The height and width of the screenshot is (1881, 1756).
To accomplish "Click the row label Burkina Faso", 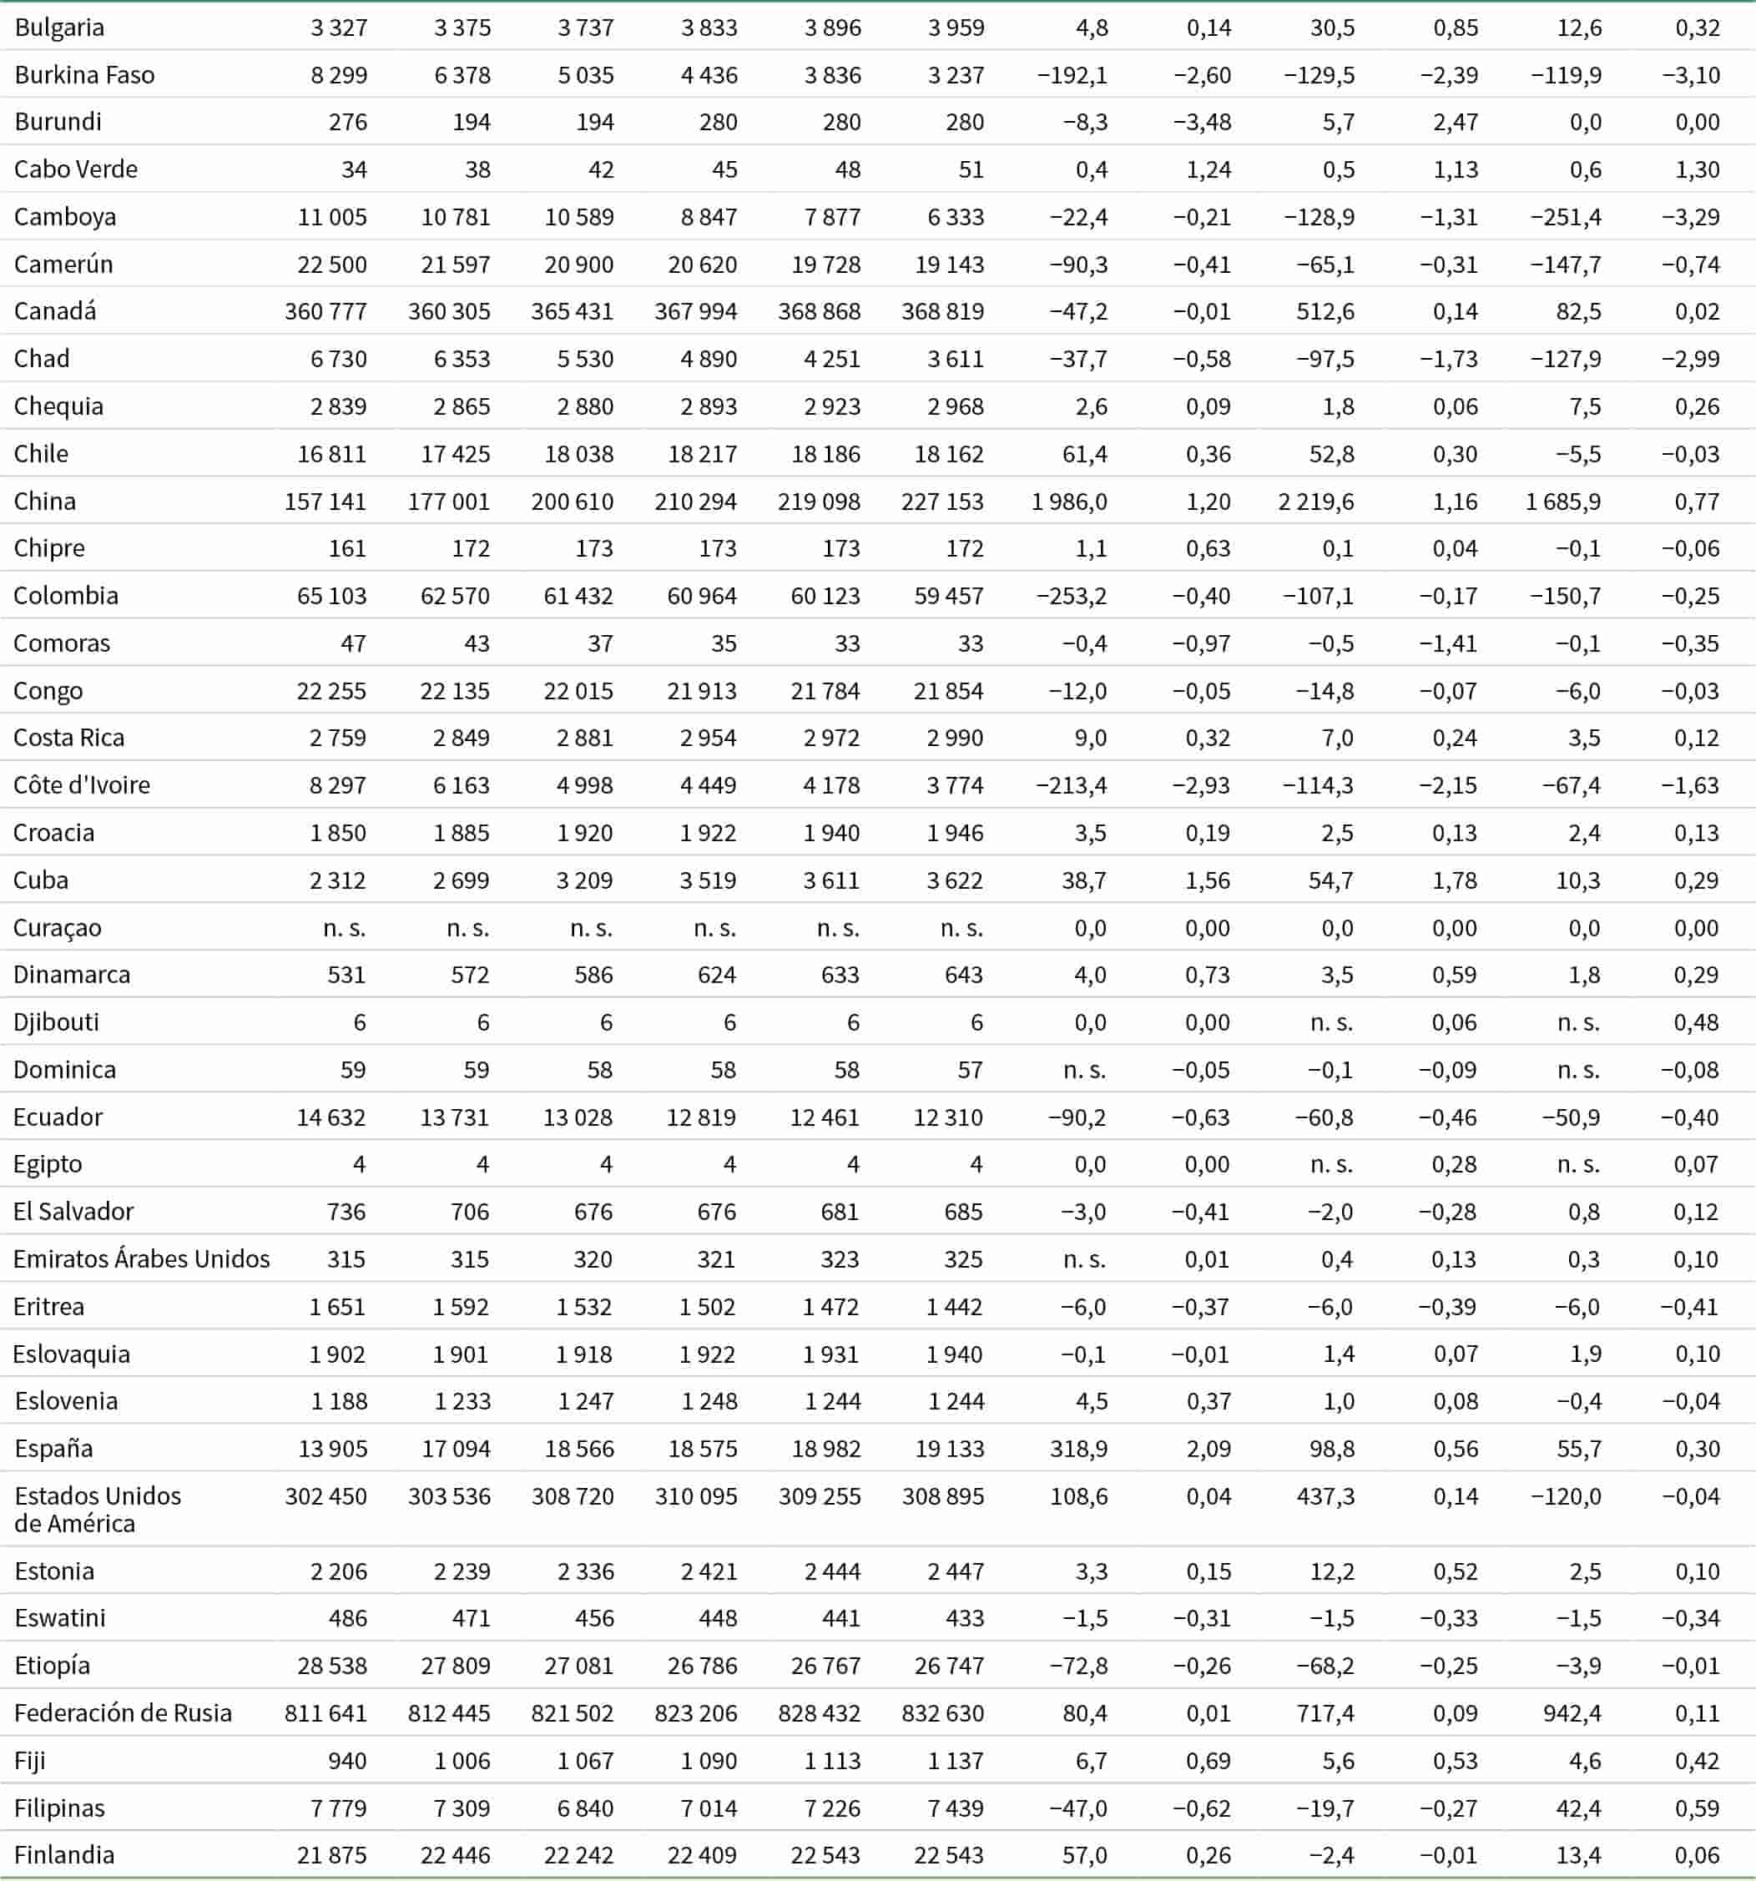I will coord(84,75).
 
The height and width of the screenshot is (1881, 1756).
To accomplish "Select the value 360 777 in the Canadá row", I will coord(325,311).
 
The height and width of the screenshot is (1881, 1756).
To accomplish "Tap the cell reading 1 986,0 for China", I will coord(1069,502).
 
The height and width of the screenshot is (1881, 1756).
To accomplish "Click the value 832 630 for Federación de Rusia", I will coord(942,1712).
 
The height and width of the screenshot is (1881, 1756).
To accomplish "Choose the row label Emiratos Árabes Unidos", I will coord(141,1259).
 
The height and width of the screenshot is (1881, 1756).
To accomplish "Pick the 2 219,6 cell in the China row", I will coord(1315,502).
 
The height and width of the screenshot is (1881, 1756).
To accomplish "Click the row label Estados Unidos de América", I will coord(98,1509).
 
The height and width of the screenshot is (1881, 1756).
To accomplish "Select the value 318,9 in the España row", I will coord(1078,1449).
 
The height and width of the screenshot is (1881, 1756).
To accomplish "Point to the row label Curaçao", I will coord(57,928).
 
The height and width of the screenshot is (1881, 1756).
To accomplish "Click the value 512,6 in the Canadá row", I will coord(1325,311).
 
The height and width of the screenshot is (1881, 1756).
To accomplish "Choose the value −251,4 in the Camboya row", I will coord(1566,217).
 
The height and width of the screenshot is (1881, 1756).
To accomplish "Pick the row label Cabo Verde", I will coord(76,169).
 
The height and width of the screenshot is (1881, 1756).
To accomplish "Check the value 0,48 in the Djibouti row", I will coord(1697,1022).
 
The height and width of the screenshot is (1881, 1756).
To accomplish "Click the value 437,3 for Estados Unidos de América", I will coord(1325,1496).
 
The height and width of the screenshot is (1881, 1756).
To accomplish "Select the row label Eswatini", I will coord(59,1618).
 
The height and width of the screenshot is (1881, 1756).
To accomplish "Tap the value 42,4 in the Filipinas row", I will coord(1577,1808).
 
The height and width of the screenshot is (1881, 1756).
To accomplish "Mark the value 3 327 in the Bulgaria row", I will coord(339,28).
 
